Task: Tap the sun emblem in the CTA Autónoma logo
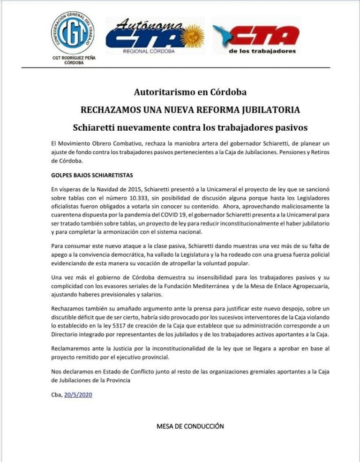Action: coord(193,37)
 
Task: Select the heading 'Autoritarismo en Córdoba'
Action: coord(190,92)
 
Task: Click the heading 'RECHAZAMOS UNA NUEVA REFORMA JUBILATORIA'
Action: coord(190,110)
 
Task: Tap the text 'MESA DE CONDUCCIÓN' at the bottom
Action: coord(190,426)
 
